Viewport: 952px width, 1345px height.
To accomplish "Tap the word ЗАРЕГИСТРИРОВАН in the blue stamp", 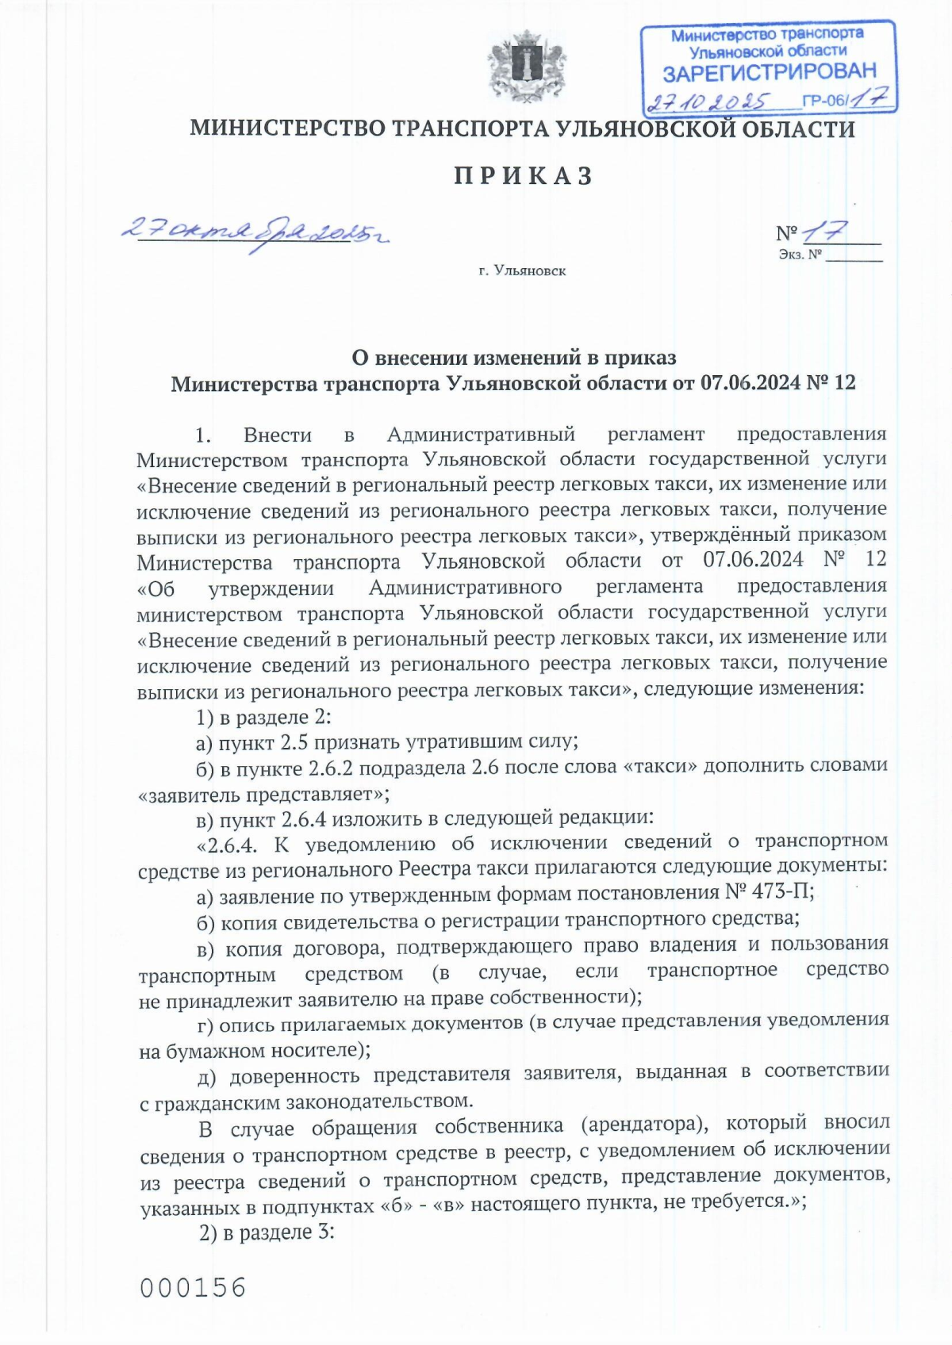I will [x=769, y=73].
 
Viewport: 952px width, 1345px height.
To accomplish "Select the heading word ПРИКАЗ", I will [x=524, y=176].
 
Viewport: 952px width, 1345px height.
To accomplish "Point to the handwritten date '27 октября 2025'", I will [x=254, y=232].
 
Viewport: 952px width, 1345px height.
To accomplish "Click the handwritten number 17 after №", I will [x=825, y=232].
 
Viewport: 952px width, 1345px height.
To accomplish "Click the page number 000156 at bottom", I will [x=194, y=1287].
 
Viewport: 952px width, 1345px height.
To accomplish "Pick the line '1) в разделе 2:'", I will [x=263, y=717].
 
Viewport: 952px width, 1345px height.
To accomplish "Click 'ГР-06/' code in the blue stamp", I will [x=826, y=102].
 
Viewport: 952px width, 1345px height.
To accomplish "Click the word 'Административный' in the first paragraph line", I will [x=481, y=435].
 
